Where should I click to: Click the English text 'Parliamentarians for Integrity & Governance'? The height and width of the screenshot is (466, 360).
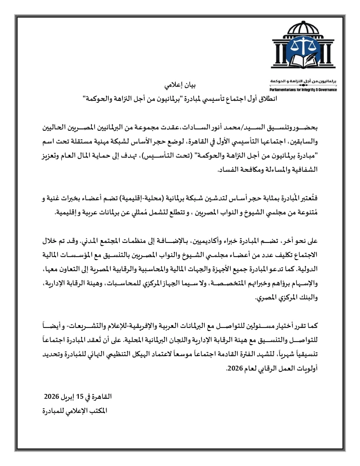303,90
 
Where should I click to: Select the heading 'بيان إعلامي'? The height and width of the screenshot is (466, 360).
180,85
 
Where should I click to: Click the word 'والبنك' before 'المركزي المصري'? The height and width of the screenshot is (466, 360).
309,298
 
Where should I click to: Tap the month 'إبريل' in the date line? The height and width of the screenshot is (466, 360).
67,397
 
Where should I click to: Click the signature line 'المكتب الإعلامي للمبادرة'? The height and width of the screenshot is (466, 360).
75,411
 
